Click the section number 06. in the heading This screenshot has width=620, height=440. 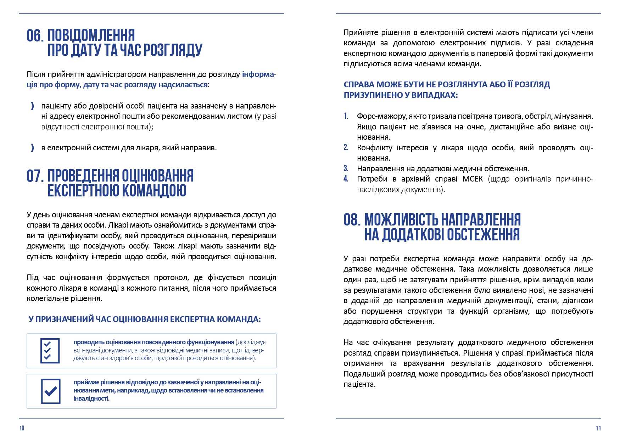click(35, 36)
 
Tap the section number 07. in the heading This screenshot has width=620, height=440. click(35, 176)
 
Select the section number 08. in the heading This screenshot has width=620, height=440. click(352, 220)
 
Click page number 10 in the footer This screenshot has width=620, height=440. click(22, 428)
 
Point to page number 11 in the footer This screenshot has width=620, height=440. click(598, 428)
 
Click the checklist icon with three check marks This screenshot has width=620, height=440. click(50, 351)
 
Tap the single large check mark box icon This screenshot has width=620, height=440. click(51, 391)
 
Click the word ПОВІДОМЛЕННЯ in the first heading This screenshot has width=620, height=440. click(91, 36)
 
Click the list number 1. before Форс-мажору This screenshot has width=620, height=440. click(346, 116)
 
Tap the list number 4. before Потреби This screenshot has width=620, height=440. click(346, 179)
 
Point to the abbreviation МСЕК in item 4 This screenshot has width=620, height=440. click(472, 179)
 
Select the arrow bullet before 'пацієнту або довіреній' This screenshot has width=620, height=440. click(33, 106)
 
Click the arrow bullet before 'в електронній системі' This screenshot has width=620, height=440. click(33, 148)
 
